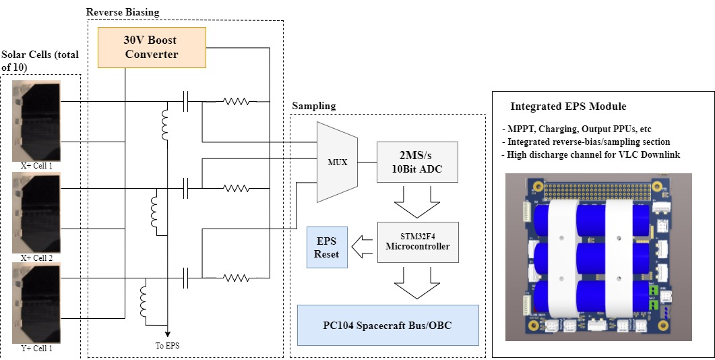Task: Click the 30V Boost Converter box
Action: click(152, 47)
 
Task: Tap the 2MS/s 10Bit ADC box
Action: click(417, 162)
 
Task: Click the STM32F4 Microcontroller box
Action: click(417, 241)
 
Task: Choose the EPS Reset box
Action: click(328, 247)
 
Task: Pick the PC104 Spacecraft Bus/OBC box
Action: click(387, 325)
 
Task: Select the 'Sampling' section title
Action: click(313, 107)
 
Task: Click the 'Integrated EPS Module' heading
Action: click(568, 107)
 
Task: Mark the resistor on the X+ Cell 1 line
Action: click(237, 102)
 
